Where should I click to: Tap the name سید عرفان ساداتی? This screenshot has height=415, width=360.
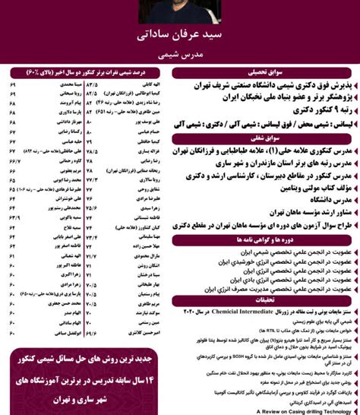click(x=180, y=38)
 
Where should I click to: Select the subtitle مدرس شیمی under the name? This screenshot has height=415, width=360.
click(x=180, y=55)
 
